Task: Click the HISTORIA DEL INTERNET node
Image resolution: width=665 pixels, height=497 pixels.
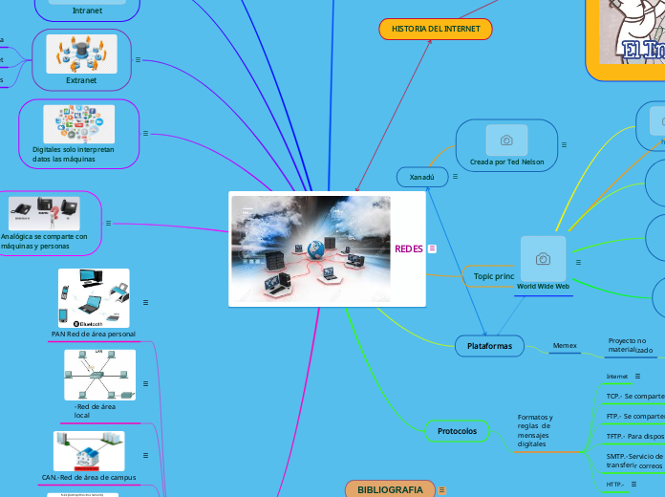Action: (435, 30)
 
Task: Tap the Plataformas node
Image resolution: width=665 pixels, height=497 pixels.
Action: (489, 346)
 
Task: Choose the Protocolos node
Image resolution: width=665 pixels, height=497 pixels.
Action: (457, 432)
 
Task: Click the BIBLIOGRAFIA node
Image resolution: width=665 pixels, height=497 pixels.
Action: (390, 489)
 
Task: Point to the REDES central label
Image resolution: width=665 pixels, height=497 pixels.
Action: (408, 249)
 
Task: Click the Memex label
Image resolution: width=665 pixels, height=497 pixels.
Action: (565, 346)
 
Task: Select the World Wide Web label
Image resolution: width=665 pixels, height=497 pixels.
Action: (543, 286)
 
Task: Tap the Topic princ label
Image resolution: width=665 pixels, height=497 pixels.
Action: (493, 276)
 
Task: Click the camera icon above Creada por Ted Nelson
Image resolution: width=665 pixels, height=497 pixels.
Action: (506, 140)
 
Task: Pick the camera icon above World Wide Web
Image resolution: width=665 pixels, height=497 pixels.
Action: (543, 259)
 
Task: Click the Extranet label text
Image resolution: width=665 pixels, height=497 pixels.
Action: (81, 80)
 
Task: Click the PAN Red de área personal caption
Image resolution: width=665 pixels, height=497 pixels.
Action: (93, 335)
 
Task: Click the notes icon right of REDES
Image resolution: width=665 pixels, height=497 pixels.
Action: (432, 249)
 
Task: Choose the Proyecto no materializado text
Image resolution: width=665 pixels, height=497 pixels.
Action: (631, 345)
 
